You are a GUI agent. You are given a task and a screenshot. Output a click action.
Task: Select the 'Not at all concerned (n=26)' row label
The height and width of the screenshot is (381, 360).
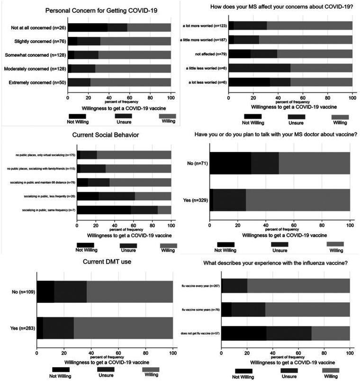click(37, 27)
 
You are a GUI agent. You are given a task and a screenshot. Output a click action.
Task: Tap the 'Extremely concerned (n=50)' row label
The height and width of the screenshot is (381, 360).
click(37, 83)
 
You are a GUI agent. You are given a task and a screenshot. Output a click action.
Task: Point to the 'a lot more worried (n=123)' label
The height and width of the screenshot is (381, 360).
click(204, 26)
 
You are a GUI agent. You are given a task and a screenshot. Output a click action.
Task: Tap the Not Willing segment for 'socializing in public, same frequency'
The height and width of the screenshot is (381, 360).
click(104, 210)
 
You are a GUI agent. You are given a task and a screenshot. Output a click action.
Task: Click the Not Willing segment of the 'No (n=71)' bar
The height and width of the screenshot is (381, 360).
click(230, 163)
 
